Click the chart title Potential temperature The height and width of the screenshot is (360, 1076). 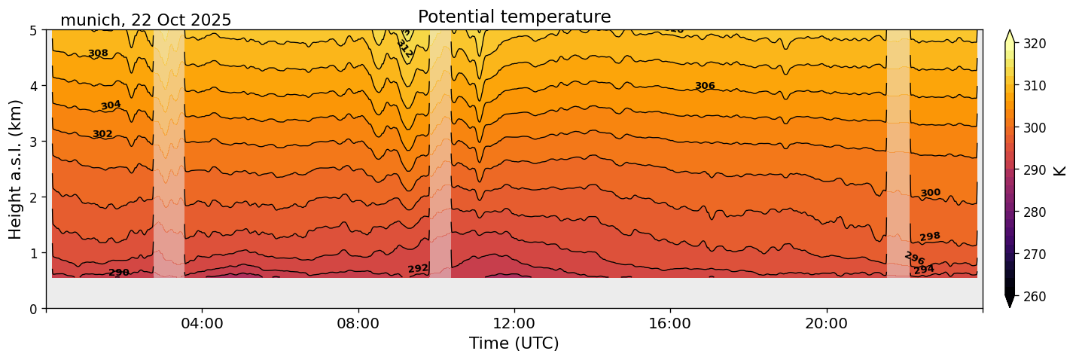click(514, 17)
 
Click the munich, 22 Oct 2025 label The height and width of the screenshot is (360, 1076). click(145, 20)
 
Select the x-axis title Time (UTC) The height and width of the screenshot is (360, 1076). click(514, 343)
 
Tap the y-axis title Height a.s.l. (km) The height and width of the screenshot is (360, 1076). click(16, 169)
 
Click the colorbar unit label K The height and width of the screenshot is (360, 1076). click(1060, 170)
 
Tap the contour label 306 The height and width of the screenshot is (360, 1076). click(705, 86)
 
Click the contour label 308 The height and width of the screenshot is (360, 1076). click(98, 53)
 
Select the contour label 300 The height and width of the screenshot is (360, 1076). click(931, 194)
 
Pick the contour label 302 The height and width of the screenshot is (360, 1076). click(102, 135)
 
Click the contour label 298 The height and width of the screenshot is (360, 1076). click(930, 237)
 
